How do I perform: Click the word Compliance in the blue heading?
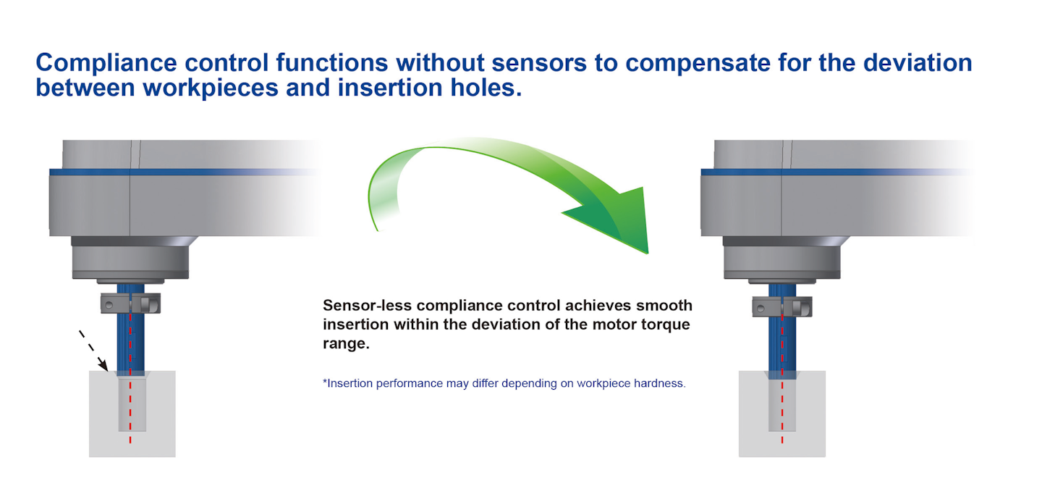pyautogui.click(x=106, y=63)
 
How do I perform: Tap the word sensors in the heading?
pyautogui.click(x=539, y=63)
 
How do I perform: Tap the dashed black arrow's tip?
pyautogui.click(x=107, y=371)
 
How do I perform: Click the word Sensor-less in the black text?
pyautogui.click(x=367, y=306)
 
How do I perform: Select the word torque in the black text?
pyautogui.click(x=665, y=325)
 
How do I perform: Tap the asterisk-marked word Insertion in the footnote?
pyautogui.click(x=348, y=383)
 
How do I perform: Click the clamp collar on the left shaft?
pyautogui.click(x=131, y=304)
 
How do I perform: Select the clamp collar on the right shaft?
pyautogui.click(x=782, y=306)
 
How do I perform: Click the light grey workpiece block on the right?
pyautogui.click(x=782, y=414)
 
